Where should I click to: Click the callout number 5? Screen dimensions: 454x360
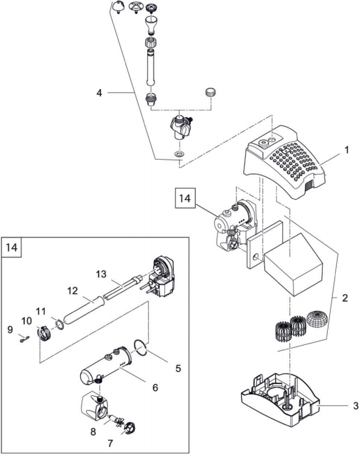[178, 368]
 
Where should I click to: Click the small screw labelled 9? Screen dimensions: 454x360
[22, 339]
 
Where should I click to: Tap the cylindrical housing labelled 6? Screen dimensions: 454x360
[104, 367]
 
